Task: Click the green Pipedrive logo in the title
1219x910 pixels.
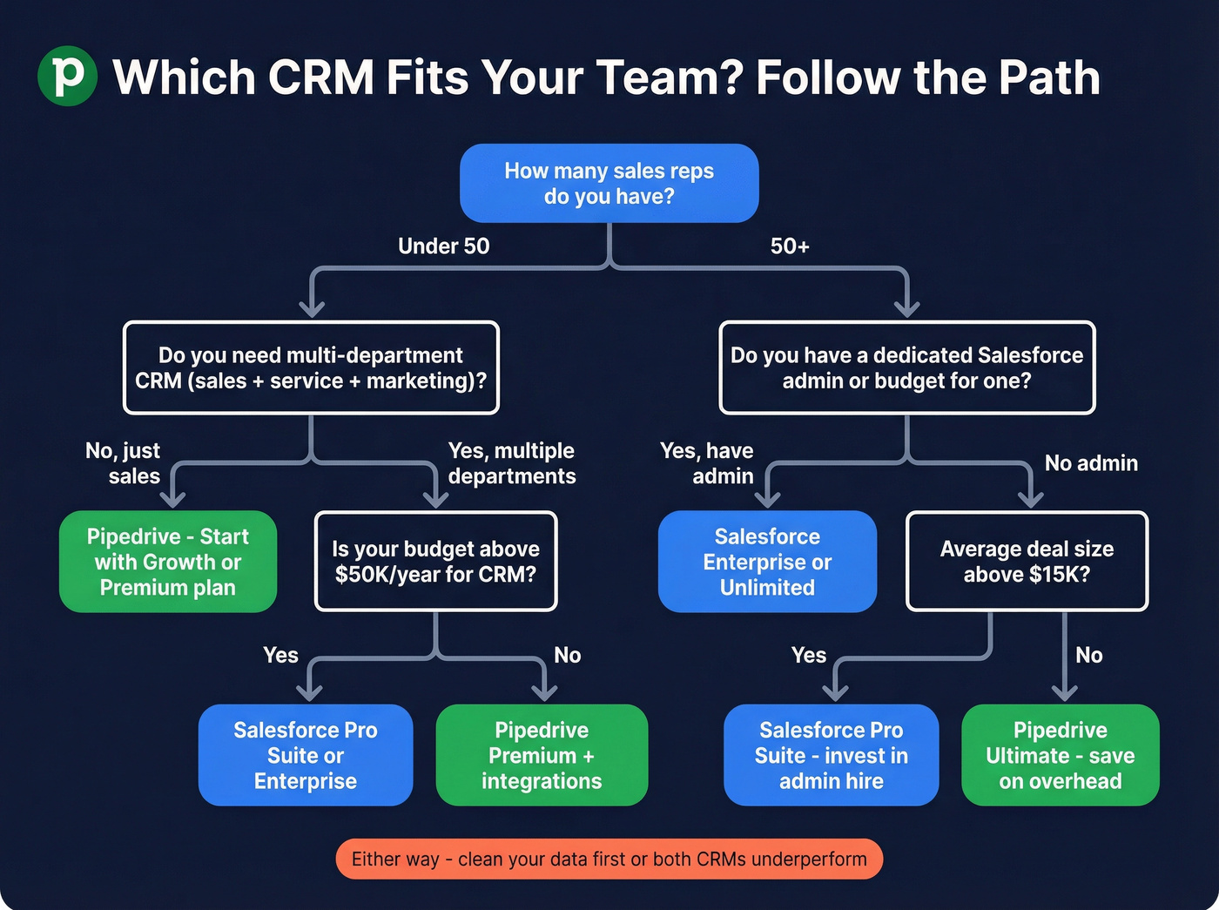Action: click(67, 76)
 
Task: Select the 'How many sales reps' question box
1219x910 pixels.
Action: click(609, 183)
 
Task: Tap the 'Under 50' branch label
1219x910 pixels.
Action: click(443, 246)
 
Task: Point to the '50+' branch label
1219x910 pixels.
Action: click(789, 246)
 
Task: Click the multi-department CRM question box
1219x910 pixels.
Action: click(311, 367)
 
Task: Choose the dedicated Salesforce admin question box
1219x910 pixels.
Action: click(906, 367)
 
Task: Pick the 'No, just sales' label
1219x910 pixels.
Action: click(123, 463)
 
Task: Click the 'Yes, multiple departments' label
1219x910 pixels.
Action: click(511, 463)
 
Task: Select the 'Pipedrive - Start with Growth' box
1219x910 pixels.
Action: click(168, 562)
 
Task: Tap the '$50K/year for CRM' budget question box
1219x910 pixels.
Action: click(435, 562)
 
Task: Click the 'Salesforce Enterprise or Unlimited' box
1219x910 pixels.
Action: click(767, 562)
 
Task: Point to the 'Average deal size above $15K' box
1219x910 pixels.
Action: click(1027, 562)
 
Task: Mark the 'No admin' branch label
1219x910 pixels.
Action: click(1090, 463)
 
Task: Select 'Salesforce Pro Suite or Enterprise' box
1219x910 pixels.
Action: click(306, 755)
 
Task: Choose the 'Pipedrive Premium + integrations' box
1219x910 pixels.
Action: click(542, 755)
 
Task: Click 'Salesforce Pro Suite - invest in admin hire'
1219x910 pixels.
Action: click(831, 755)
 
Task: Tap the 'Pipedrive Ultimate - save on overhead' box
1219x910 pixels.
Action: click(1060, 755)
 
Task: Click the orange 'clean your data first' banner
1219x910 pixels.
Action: click(609, 859)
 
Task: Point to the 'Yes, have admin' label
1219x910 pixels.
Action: click(707, 463)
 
